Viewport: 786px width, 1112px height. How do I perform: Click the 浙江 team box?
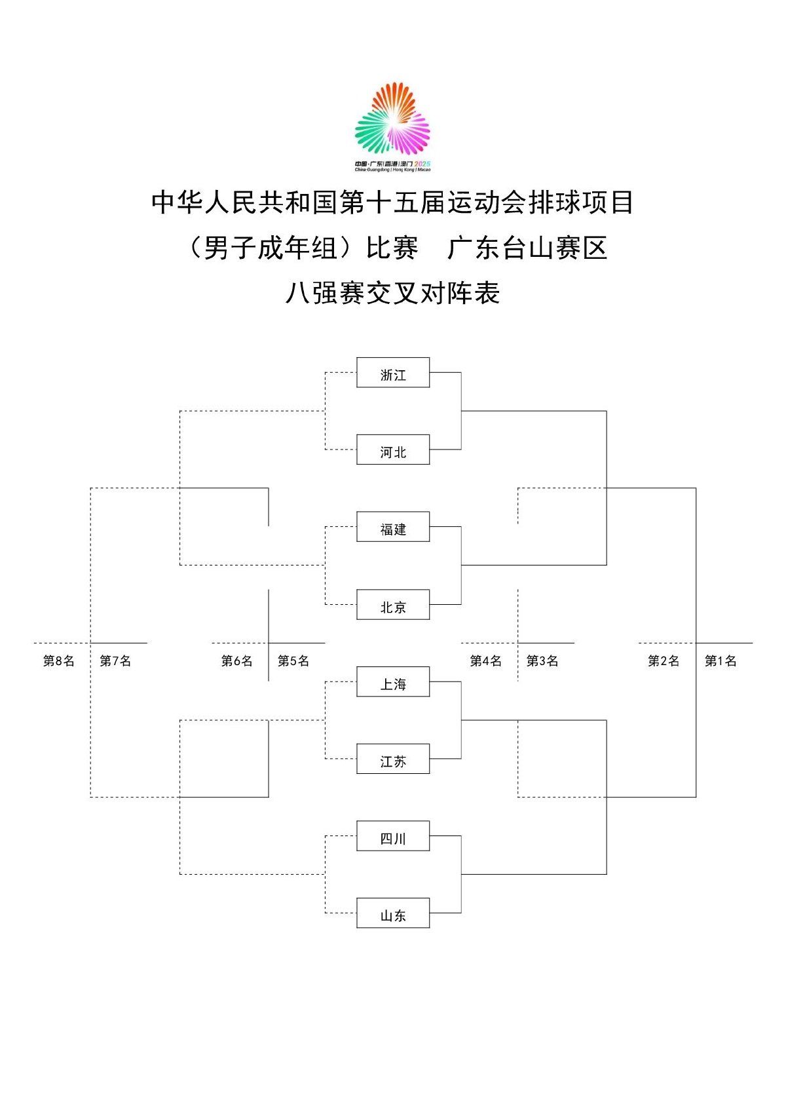coord(393,372)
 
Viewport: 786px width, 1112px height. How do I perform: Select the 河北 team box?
coord(393,450)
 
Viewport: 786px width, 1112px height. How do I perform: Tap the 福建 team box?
coord(393,527)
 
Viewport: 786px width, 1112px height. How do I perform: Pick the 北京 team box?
coord(393,605)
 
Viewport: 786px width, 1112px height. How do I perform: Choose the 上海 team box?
coord(393,681)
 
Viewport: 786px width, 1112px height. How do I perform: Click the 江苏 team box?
coord(393,759)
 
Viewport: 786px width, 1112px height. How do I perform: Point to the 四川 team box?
coord(393,836)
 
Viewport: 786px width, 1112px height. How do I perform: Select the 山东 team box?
coord(393,913)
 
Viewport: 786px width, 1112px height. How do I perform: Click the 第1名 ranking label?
coord(720,661)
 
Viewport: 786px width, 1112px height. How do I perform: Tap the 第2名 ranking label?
coord(664,661)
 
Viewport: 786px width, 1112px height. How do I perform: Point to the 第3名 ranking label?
coord(542,661)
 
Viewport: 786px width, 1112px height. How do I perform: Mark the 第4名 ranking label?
coord(486,661)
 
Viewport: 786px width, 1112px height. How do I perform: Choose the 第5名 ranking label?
coord(293,661)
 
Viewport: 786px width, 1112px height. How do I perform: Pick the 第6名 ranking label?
coord(236,661)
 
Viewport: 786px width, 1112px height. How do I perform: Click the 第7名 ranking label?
coord(115,661)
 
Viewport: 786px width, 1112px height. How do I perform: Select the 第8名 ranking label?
coord(58,661)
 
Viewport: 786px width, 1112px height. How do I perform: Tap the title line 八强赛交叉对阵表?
coord(393,293)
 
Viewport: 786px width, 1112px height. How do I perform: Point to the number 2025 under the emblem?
coord(422,164)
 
